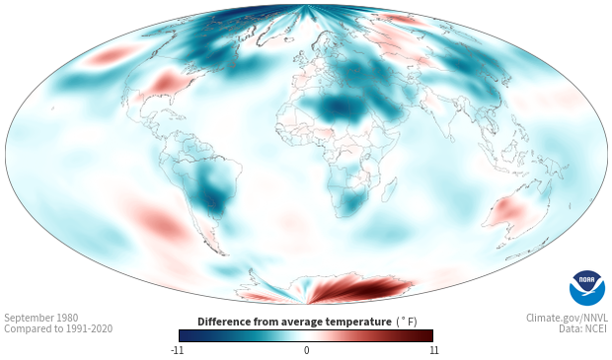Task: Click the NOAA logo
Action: [x=587, y=288]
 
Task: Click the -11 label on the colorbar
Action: [x=177, y=350]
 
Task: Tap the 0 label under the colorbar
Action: [x=306, y=350]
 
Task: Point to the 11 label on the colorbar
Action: [x=433, y=350]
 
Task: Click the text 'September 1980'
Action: [x=41, y=318]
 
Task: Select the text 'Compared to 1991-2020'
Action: [x=58, y=328]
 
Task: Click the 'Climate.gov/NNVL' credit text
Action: [x=567, y=318]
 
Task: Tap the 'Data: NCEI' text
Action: [x=583, y=328]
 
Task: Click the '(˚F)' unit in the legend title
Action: [x=407, y=323]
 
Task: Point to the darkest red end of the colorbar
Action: [x=429, y=335]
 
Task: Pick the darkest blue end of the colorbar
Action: [x=183, y=335]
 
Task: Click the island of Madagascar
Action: [x=389, y=190]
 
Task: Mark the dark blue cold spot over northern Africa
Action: [x=339, y=107]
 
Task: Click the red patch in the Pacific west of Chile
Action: [x=160, y=223]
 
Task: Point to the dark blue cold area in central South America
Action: [x=212, y=191]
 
